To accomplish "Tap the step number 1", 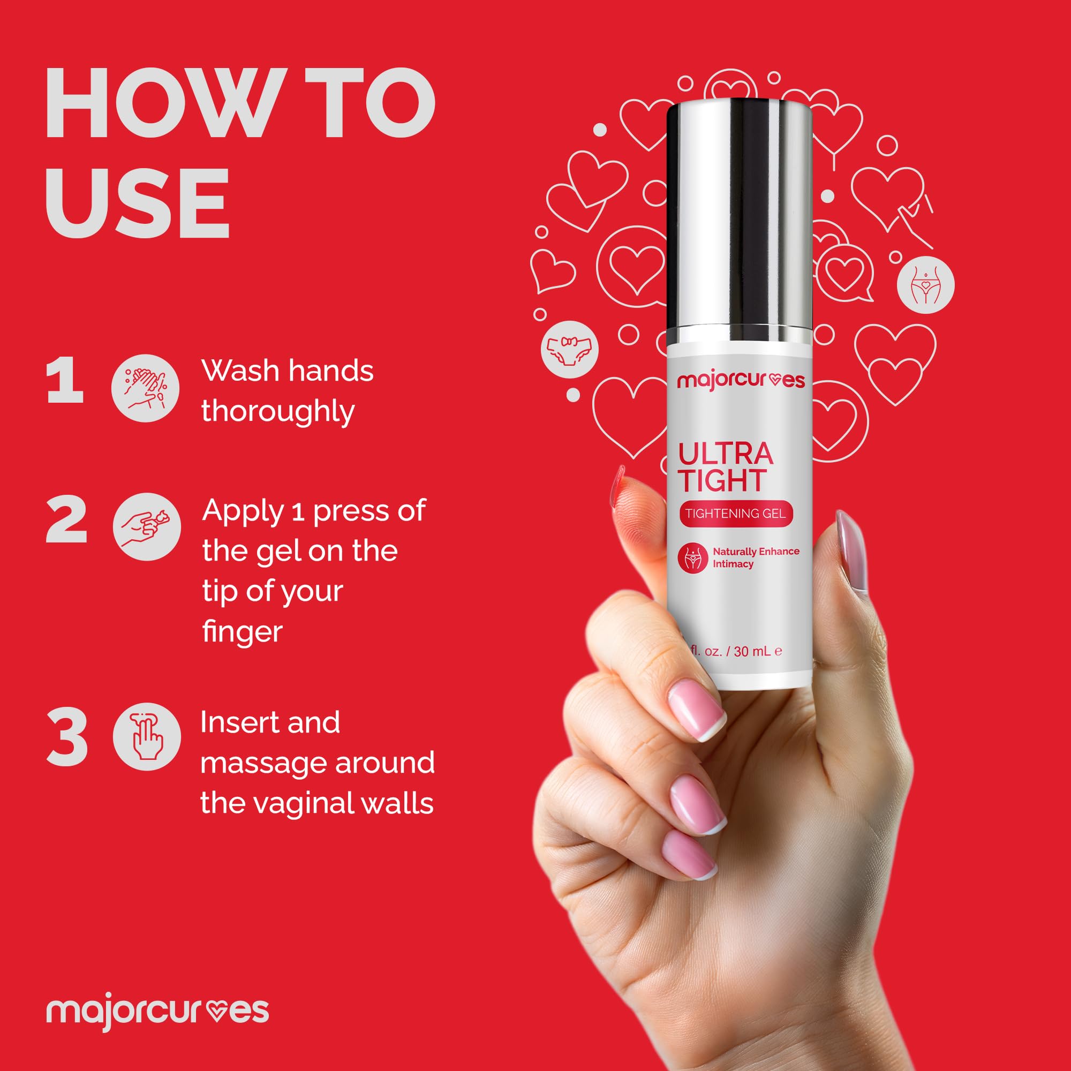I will (x=65, y=381).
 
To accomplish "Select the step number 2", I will (x=66, y=520).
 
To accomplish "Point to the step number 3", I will (x=67, y=738).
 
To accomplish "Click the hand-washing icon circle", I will (x=146, y=388).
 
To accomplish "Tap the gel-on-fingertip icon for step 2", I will (x=147, y=526).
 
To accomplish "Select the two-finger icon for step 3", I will (x=147, y=737).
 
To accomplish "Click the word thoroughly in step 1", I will (x=278, y=412).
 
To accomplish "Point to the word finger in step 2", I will (x=242, y=632).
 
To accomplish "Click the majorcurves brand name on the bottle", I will (x=741, y=381).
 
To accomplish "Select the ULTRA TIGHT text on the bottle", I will (x=725, y=467).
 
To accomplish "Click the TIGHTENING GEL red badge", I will (x=736, y=514).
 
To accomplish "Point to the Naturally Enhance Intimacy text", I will (x=755, y=557).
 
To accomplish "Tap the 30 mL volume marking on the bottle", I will (x=752, y=651).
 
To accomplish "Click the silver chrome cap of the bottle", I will (x=740, y=222).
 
